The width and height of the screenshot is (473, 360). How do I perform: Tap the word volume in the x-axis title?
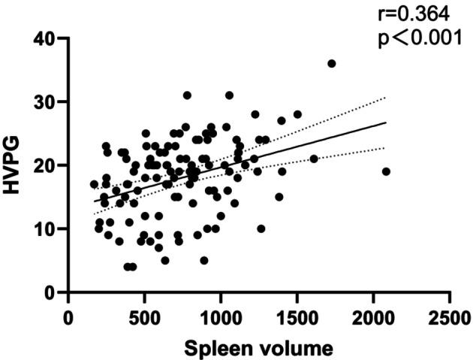tap(291, 348)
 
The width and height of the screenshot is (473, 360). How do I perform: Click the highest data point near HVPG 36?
tap(332, 64)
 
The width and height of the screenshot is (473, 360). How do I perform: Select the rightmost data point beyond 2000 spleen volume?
tap(386, 171)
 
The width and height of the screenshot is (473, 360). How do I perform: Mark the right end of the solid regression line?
tap(386, 123)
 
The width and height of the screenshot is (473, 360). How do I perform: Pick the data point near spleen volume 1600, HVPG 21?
tap(314, 159)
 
